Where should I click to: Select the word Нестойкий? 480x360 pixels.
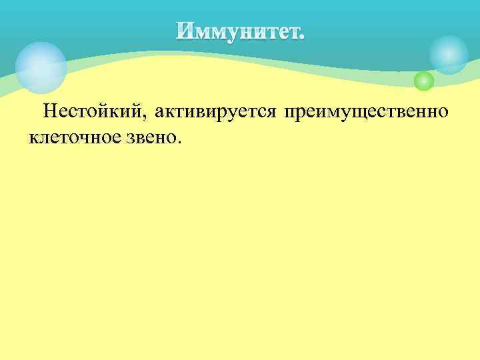click(x=91, y=112)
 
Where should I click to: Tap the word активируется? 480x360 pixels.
click(x=215, y=112)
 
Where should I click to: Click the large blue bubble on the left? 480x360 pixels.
click(x=41, y=67)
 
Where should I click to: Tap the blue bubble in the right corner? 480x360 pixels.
click(x=448, y=54)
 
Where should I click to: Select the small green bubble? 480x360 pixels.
click(x=423, y=81)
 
